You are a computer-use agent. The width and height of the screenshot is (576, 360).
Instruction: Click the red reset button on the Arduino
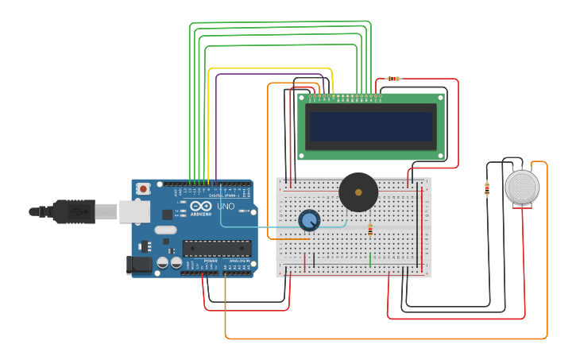(x=143, y=189)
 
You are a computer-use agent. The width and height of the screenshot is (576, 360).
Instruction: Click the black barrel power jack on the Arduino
(x=140, y=265)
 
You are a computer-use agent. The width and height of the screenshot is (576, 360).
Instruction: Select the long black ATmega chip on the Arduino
(x=217, y=248)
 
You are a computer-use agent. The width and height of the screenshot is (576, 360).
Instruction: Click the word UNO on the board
(x=226, y=207)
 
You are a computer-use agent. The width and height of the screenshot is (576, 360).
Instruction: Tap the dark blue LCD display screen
(x=371, y=126)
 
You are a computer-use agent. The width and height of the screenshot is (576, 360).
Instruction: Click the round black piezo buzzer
(x=358, y=192)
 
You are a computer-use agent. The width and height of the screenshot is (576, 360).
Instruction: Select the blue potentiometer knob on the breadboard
(x=309, y=221)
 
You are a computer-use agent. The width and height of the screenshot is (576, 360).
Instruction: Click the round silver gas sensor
(x=522, y=187)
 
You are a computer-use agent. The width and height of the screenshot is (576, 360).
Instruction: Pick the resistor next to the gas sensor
(x=487, y=189)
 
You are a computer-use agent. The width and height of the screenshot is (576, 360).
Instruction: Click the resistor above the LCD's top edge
(x=393, y=79)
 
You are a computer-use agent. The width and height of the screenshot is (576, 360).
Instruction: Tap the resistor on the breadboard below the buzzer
(x=369, y=230)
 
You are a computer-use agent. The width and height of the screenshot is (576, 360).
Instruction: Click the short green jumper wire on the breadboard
(x=370, y=259)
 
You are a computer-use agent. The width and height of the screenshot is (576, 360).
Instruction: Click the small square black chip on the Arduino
(x=168, y=215)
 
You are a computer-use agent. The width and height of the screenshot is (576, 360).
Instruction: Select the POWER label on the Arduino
(x=211, y=261)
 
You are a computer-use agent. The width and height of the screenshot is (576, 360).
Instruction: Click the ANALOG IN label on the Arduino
(x=238, y=261)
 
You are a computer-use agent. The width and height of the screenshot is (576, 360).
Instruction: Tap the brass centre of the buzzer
(x=358, y=192)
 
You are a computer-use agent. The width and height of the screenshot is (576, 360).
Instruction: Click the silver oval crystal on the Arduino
(x=164, y=230)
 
